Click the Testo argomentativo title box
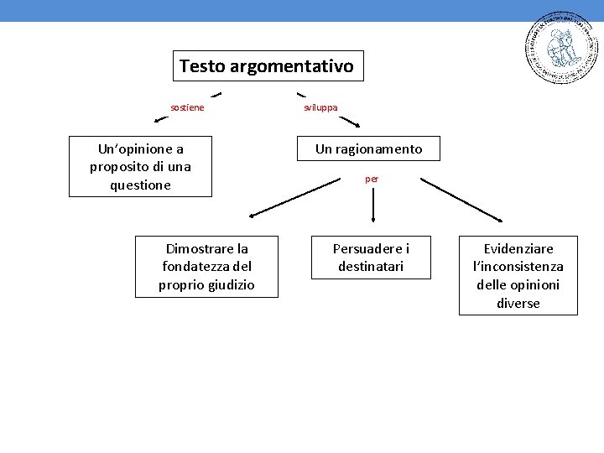coord(268,65)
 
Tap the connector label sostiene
coord(187,107)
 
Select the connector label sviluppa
coord(320,107)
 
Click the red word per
coord(372,179)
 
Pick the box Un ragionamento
coord(368,149)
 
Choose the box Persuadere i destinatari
coord(371,258)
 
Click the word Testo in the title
coord(200,65)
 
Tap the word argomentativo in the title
coord(289,65)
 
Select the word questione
coord(140,185)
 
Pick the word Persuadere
coord(365,249)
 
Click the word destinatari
coord(371,267)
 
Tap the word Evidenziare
coord(518,249)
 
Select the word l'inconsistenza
coord(518,267)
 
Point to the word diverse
coord(518,304)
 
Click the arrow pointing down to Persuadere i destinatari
coord(372,206)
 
